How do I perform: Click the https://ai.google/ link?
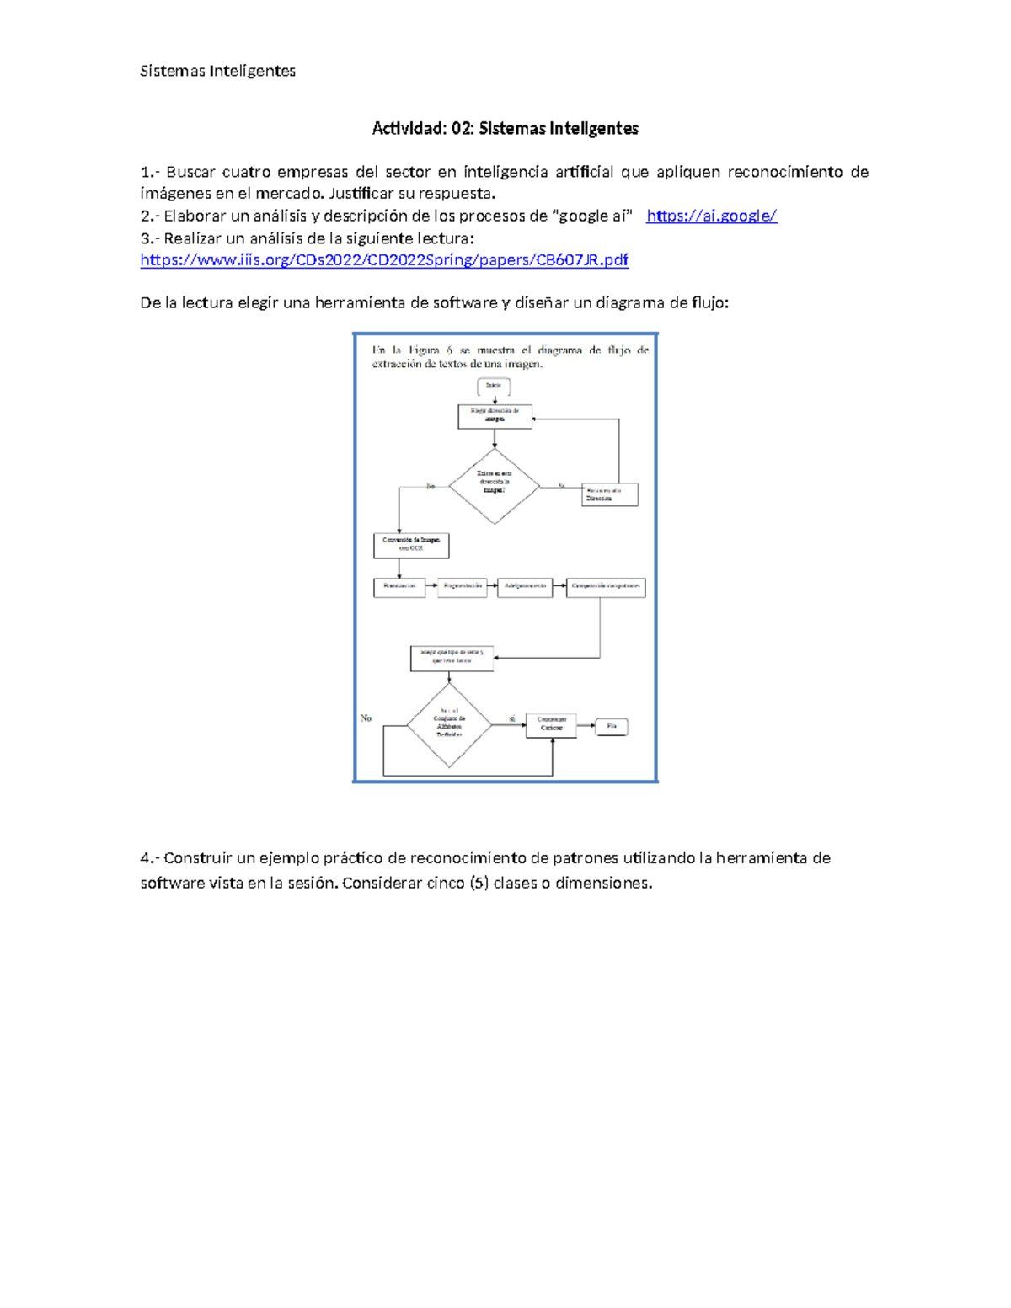[x=711, y=216]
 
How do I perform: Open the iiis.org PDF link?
[x=384, y=260]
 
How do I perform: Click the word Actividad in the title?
[x=408, y=129]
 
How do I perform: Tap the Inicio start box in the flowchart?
[x=494, y=386]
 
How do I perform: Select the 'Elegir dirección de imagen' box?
[x=495, y=415]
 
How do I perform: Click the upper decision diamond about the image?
[x=494, y=486]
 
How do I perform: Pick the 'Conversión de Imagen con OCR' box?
[x=411, y=545]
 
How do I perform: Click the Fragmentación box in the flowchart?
[x=463, y=586]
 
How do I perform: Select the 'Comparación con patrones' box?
[x=606, y=586]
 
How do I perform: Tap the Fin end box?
[x=612, y=726]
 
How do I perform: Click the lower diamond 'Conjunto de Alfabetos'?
[x=449, y=725]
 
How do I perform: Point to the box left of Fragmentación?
[x=399, y=586]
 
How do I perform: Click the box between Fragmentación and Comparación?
[x=525, y=586]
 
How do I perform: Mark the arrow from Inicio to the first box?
[x=495, y=399]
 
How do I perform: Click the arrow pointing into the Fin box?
[x=586, y=725]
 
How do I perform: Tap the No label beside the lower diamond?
[x=366, y=718]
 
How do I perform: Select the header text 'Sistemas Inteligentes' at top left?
[x=217, y=72]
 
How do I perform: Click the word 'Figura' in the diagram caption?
[x=431, y=350]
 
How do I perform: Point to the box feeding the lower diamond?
[x=452, y=658]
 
